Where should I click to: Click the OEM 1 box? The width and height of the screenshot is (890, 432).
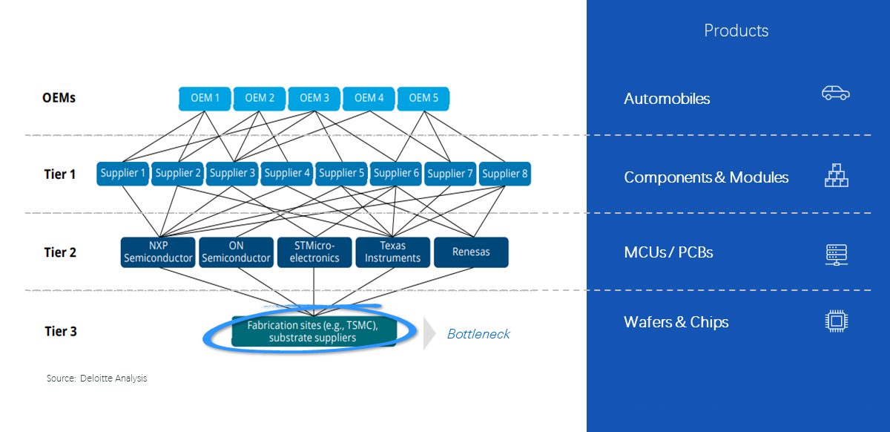205,98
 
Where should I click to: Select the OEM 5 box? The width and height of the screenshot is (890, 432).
423,98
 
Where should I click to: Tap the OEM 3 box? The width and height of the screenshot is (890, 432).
314,98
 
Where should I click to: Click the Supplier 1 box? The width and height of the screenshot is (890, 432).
122,173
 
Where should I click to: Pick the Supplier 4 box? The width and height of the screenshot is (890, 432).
287,173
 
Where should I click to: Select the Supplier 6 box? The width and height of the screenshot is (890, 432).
396,173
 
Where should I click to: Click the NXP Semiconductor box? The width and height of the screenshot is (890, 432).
158,252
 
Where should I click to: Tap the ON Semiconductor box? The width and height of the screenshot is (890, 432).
236,252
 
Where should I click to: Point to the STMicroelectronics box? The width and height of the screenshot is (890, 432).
314,252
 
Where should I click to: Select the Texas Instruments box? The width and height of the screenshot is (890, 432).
392,252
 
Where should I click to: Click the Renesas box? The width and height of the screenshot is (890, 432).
471,252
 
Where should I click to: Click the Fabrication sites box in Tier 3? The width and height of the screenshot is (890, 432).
314,331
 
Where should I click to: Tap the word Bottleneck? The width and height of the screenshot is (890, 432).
478,334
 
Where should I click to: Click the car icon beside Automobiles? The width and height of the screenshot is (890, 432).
835,93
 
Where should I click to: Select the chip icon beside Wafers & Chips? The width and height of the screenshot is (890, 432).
836,321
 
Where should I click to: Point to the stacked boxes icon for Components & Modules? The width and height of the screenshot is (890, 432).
836,175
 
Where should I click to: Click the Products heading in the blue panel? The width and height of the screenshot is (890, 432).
736,30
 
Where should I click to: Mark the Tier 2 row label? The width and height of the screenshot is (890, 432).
60,252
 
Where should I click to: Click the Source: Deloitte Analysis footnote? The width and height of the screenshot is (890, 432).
96,379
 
